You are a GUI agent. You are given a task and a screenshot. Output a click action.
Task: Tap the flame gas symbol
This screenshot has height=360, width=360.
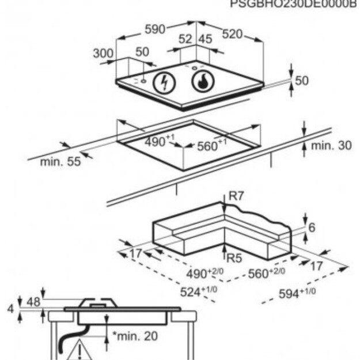[x=202, y=82]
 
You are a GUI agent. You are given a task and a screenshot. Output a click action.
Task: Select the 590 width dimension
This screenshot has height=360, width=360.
[x=155, y=29]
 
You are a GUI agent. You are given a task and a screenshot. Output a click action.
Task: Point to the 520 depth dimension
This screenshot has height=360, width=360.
[x=232, y=34]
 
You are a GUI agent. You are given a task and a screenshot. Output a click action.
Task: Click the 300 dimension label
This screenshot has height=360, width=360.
[x=103, y=53]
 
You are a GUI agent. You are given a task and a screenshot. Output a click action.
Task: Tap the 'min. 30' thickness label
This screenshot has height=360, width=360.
[x=331, y=146]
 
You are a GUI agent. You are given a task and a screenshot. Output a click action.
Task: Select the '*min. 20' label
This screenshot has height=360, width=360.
[x=134, y=336]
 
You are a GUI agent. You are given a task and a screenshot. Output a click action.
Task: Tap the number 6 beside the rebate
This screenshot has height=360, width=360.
[x=312, y=228]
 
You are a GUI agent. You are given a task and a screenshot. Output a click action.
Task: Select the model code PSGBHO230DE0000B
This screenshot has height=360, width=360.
[x=294, y=4]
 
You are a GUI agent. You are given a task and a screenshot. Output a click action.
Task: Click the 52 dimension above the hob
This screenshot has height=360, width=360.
[x=185, y=39]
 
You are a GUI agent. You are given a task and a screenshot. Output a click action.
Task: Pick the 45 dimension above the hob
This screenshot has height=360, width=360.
[x=206, y=39]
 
